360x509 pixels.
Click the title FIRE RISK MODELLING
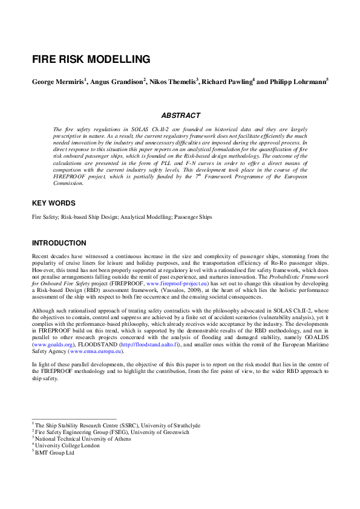pyautogui.click(x=91, y=59)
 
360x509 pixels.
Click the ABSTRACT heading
pyautogui.click(x=180, y=115)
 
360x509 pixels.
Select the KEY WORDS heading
pyautogui.click(x=54, y=203)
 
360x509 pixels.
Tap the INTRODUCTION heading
pyautogui.click(x=59, y=244)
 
